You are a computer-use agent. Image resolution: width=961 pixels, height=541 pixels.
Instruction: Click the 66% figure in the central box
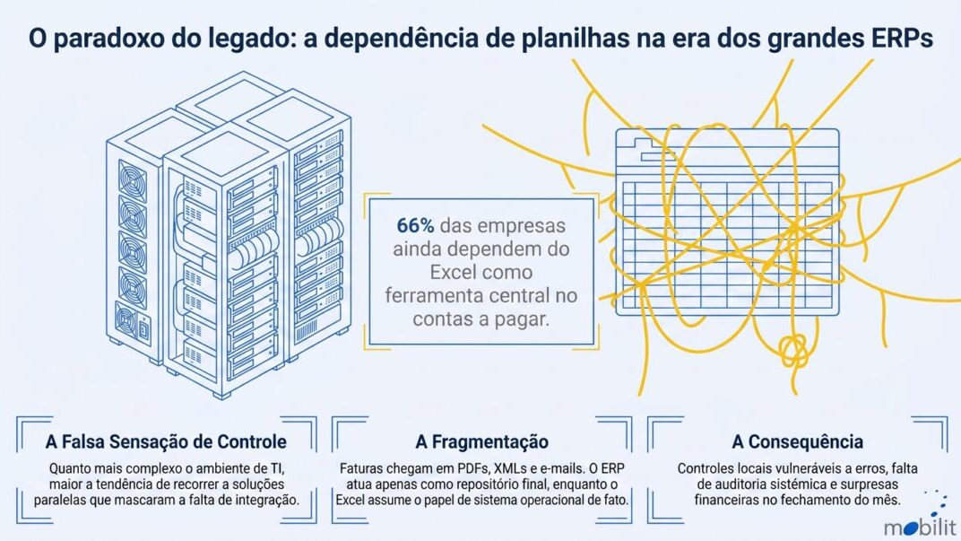(415, 226)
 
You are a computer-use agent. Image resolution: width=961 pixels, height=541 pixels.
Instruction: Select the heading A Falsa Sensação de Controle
(166, 441)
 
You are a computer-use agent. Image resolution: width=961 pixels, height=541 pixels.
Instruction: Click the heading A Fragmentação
(481, 441)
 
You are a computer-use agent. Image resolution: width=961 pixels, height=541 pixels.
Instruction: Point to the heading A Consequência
(797, 441)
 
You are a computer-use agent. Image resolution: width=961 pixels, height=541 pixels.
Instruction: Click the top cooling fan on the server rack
(133, 179)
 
